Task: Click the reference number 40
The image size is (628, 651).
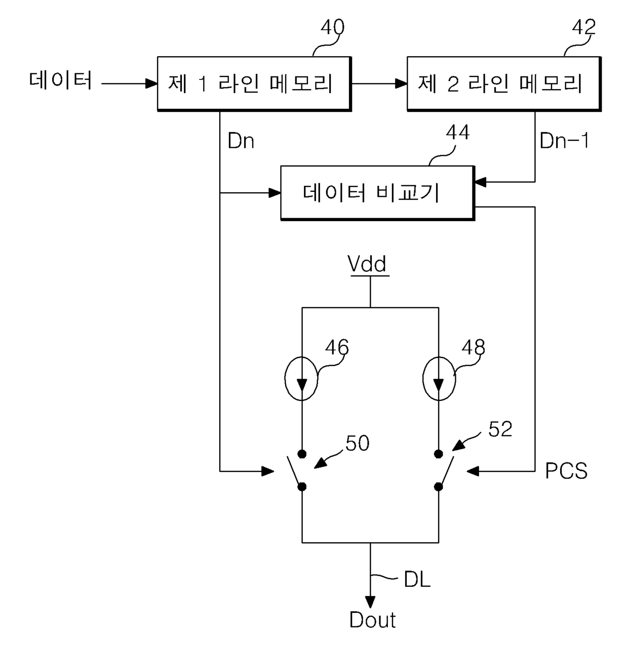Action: (x=332, y=27)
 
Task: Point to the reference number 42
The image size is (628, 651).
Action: (x=584, y=27)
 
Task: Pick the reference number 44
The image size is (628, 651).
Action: (x=458, y=132)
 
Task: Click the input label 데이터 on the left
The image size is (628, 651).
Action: (x=60, y=80)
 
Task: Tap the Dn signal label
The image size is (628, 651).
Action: (x=241, y=141)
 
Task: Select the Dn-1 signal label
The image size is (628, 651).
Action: (x=564, y=141)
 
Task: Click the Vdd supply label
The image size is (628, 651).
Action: (x=367, y=264)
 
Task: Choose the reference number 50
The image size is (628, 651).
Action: (x=358, y=443)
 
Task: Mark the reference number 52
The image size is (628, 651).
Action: (x=500, y=429)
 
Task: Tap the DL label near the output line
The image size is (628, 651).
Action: (x=417, y=589)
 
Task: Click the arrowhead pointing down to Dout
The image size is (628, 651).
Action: (x=370, y=602)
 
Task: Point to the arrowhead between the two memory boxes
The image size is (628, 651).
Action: (x=401, y=84)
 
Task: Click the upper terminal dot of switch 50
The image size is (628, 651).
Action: (x=302, y=454)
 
